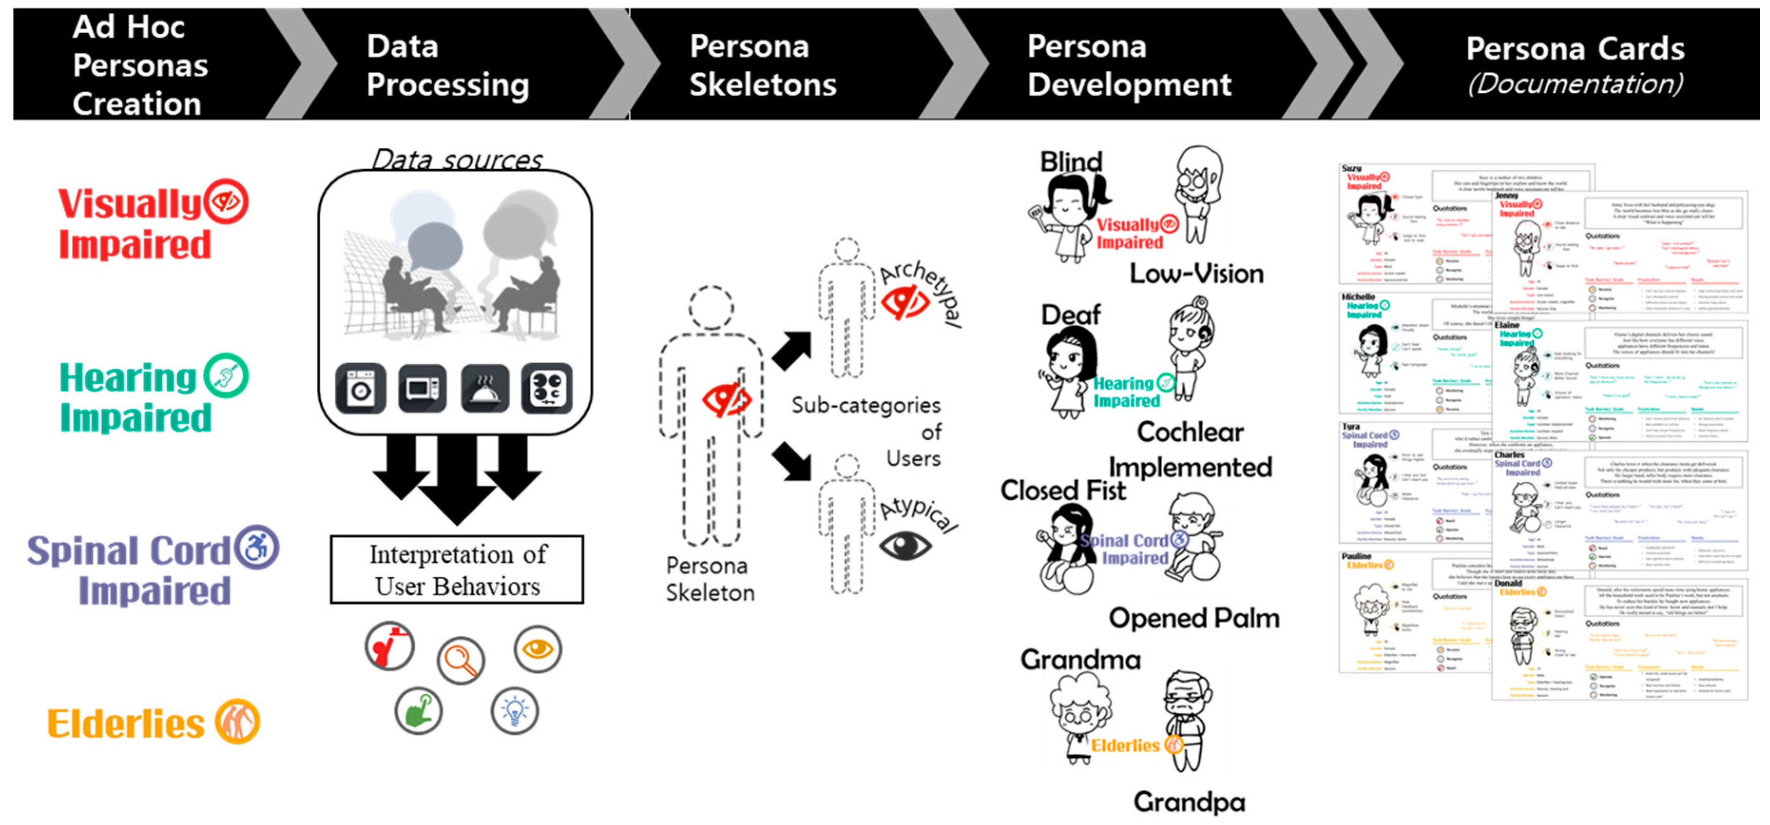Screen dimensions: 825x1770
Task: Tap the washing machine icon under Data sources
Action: coord(361,388)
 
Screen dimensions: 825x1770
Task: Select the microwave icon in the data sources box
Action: coord(422,388)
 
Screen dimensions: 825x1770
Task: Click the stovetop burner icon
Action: coord(546,388)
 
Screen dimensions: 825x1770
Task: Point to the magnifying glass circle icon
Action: coord(460,660)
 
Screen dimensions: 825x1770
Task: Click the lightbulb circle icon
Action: coord(515,710)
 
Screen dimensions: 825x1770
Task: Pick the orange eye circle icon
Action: coord(537,648)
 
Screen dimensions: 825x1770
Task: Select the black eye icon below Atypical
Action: coord(905,546)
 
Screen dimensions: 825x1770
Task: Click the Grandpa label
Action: coord(1189,802)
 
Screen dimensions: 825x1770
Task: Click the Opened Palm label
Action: coord(1194,617)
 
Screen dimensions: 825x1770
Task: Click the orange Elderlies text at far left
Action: coord(126,724)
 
